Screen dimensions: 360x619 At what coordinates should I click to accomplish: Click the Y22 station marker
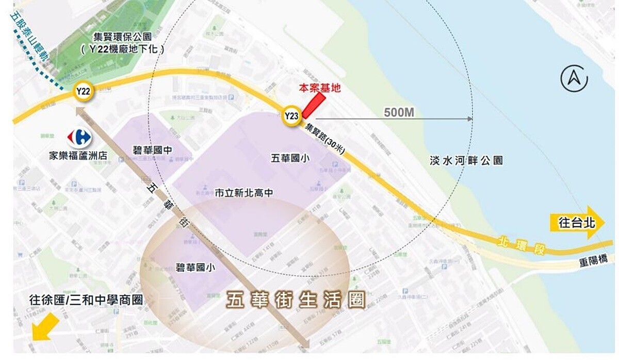click(84, 91)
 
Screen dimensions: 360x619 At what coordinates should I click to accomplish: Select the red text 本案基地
click(320, 88)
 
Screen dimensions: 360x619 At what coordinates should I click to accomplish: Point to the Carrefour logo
click(79, 137)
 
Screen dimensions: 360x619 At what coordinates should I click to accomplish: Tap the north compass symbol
click(574, 79)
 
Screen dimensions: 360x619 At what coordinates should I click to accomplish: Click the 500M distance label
click(399, 112)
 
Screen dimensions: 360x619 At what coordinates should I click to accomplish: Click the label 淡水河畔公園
click(466, 160)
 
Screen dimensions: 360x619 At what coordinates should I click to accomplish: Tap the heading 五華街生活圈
click(296, 300)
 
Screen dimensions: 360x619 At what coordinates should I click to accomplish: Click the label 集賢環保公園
click(122, 37)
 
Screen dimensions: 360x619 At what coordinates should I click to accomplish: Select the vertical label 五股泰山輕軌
click(30, 39)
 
